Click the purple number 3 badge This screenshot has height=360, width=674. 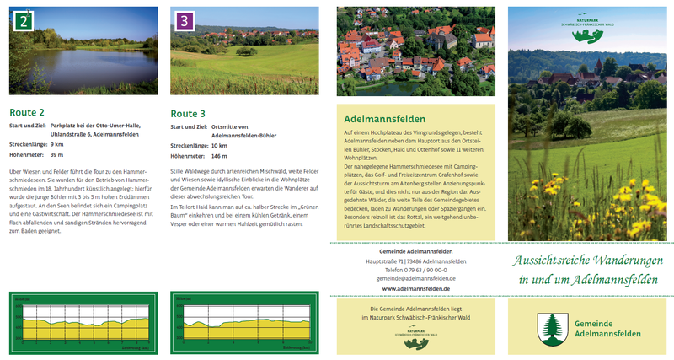pyautogui.click(x=182, y=19)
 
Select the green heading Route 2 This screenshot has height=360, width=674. pyautogui.click(x=27, y=111)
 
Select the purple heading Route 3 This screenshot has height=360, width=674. pyautogui.click(x=188, y=113)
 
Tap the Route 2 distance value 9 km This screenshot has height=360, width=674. pyautogui.click(x=57, y=144)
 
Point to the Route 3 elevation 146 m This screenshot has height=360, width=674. pyautogui.click(x=220, y=156)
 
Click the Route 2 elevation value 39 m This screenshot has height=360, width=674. pyautogui.click(x=57, y=155)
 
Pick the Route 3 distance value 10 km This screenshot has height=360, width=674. pyautogui.click(x=220, y=145)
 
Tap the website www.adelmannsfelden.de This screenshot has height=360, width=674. pyautogui.click(x=415, y=288)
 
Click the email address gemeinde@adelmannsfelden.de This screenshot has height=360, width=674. pyautogui.click(x=415, y=277)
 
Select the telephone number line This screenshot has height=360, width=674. pyautogui.click(x=415, y=269)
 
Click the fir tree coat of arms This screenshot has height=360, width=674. pyautogui.click(x=549, y=325)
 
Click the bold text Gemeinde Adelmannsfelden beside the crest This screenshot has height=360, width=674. pyautogui.click(x=602, y=329)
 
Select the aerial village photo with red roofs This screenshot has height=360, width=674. pyautogui.click(x=415, y=50)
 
